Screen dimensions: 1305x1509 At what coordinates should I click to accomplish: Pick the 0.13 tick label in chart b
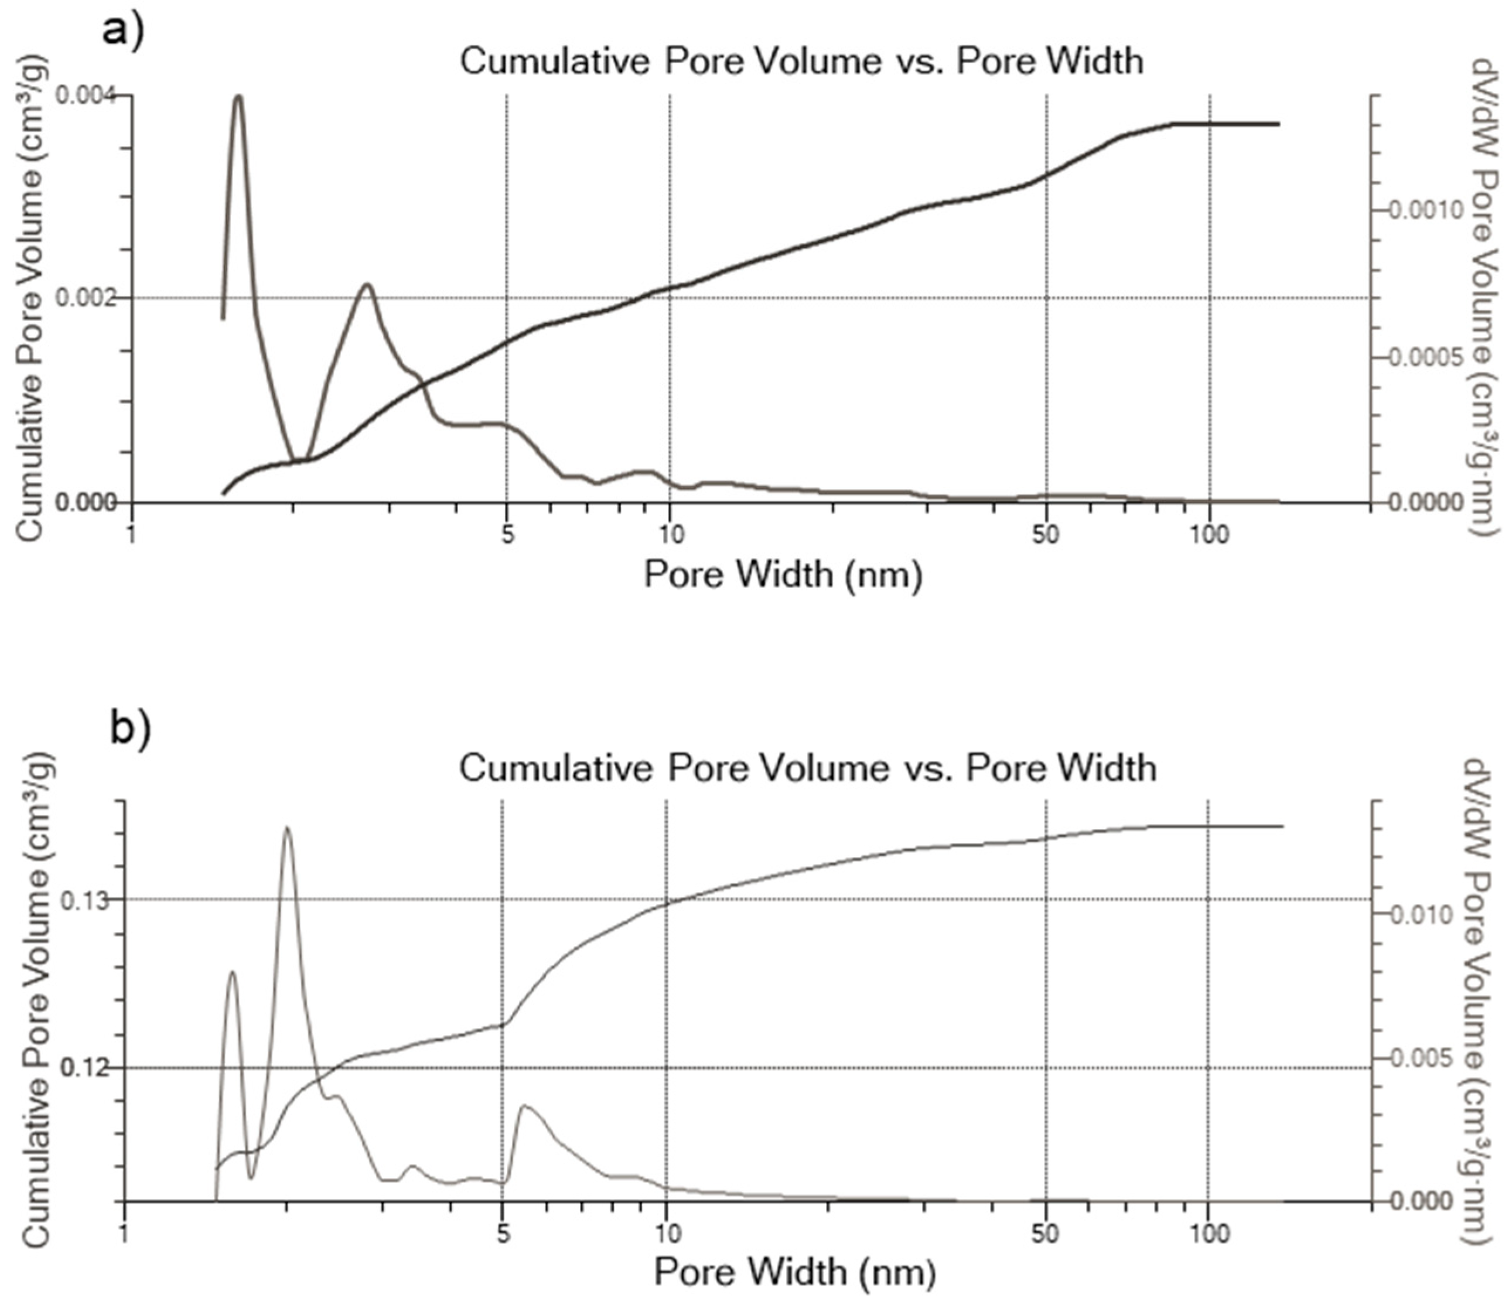84,900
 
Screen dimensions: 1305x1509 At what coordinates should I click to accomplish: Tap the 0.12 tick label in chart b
84,1068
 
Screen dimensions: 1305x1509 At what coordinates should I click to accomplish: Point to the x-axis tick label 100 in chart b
1210,1234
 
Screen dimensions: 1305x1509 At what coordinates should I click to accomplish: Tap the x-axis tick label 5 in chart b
503,1234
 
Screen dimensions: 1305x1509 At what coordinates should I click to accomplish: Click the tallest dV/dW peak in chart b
287,828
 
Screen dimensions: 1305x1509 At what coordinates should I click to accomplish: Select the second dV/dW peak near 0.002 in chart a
367,285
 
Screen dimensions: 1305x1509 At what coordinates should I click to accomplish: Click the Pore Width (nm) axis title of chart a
782,574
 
